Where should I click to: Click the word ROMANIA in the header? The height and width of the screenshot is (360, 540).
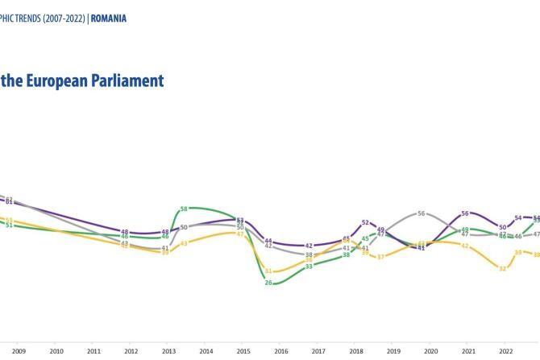click(108, 19)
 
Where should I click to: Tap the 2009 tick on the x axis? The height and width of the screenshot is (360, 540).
click(19, 351)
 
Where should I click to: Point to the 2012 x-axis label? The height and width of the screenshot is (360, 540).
click(131, 351)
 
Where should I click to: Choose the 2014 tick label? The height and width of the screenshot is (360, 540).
click(206, 351)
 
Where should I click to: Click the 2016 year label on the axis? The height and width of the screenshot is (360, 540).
click(280, 351)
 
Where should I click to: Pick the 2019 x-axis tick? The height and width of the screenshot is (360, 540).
click(393, 351)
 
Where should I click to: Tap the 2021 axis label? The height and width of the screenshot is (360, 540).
click(468, 351)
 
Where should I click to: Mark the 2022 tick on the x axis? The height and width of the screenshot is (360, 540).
click(505, 351)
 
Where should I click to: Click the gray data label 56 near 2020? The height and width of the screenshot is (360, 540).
click(422, 213)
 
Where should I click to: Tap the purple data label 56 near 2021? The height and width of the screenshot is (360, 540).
click(465, 213)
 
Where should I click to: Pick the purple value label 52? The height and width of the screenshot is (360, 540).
click(365, 223)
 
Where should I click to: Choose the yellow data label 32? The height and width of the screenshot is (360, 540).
click(502, 268)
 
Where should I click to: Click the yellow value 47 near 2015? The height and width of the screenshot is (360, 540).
click(240, 234)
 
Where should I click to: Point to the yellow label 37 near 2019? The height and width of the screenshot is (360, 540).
click(381, 257)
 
